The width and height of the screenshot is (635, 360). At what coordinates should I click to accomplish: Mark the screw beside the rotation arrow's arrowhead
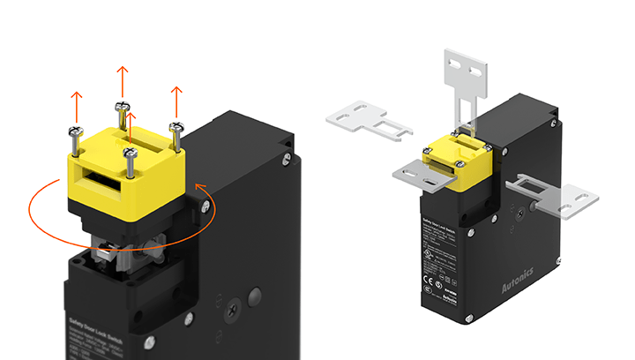click(205, 207)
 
